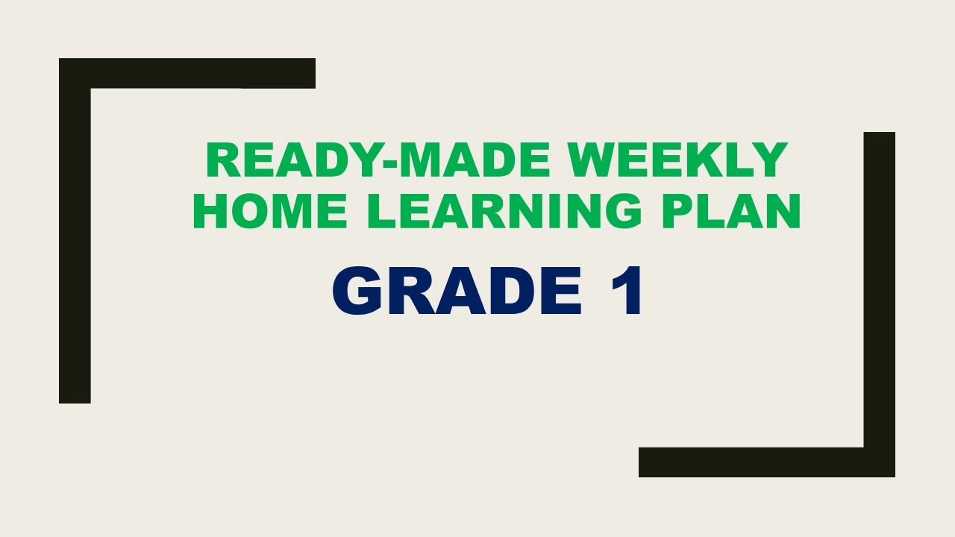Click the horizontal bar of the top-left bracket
(x=187, y=73)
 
